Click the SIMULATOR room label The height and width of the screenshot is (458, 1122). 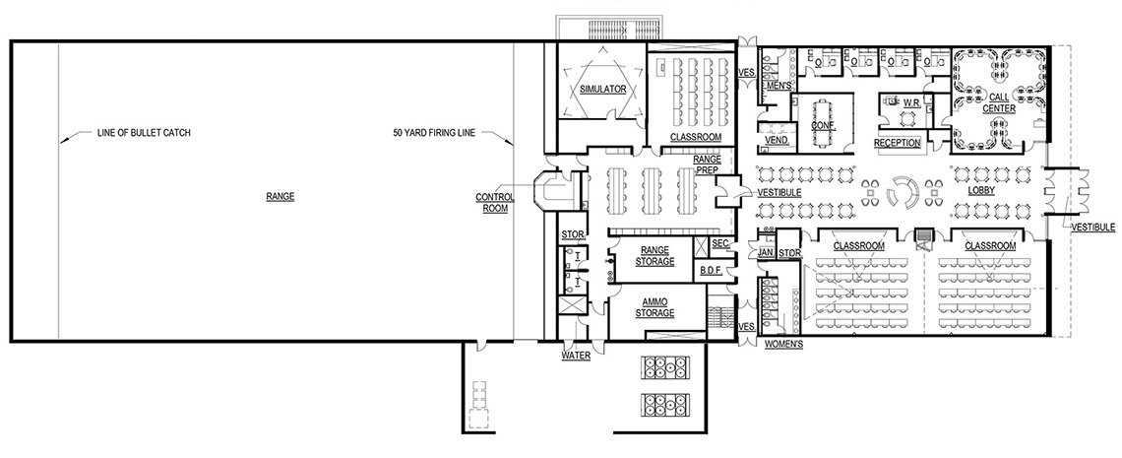(603, 89)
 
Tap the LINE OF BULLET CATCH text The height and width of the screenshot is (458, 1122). (143, 132)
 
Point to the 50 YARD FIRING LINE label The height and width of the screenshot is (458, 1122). (434, 132)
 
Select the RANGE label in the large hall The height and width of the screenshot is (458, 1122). (280, 196)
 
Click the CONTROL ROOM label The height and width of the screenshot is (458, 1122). (496, 202)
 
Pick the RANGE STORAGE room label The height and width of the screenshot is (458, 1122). (654, 256)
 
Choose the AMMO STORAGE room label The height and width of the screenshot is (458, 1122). (654, 307)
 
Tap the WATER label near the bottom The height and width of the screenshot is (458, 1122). (576, 357)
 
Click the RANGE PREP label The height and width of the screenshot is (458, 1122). (708, 164)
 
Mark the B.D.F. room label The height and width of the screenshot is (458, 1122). (713, 270)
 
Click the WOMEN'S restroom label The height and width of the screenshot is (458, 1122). (784, 345)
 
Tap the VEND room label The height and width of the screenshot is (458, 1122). (776, 141)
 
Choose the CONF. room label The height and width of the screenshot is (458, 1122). (823, 126)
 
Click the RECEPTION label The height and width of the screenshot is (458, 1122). (897, 143)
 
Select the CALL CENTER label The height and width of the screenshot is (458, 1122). (1001, 102)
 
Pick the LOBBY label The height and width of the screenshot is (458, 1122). (981, 191)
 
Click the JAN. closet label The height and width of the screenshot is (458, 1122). (766, 253)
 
